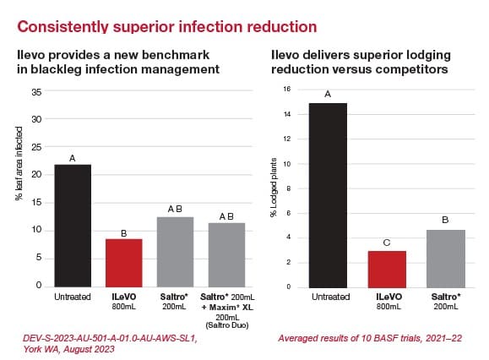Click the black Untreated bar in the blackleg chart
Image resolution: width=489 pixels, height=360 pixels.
click(73, 226)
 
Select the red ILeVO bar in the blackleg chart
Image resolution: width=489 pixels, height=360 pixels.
click(124, 263)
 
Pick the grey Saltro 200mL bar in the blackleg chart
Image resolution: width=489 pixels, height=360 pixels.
click(175, 252)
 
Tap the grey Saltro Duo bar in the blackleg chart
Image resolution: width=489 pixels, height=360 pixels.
click(226, 255)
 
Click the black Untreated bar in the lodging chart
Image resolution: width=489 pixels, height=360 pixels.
click(328, 195)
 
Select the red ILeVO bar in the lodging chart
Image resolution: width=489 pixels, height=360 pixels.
click(387, 270)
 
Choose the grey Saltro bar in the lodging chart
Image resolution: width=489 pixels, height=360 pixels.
click(446, 259)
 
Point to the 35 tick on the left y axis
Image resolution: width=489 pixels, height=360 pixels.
click(36, 92)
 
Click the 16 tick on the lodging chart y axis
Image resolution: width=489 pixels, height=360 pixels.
click(287, 89)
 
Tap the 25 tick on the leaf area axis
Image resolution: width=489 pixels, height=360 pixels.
click(36, 147)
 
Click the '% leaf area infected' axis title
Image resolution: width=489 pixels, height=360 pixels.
click(19, 163)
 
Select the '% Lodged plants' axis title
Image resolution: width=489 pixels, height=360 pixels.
click(274, 187)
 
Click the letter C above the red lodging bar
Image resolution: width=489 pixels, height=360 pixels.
click(387, 243)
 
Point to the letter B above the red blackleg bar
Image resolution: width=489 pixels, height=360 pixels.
click(124, 233)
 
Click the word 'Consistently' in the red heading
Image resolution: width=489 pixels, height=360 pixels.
click(62, 27)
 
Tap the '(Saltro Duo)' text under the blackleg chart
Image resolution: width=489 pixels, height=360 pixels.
click(227, 325)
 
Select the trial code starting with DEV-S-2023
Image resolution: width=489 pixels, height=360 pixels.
click(110, 338)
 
